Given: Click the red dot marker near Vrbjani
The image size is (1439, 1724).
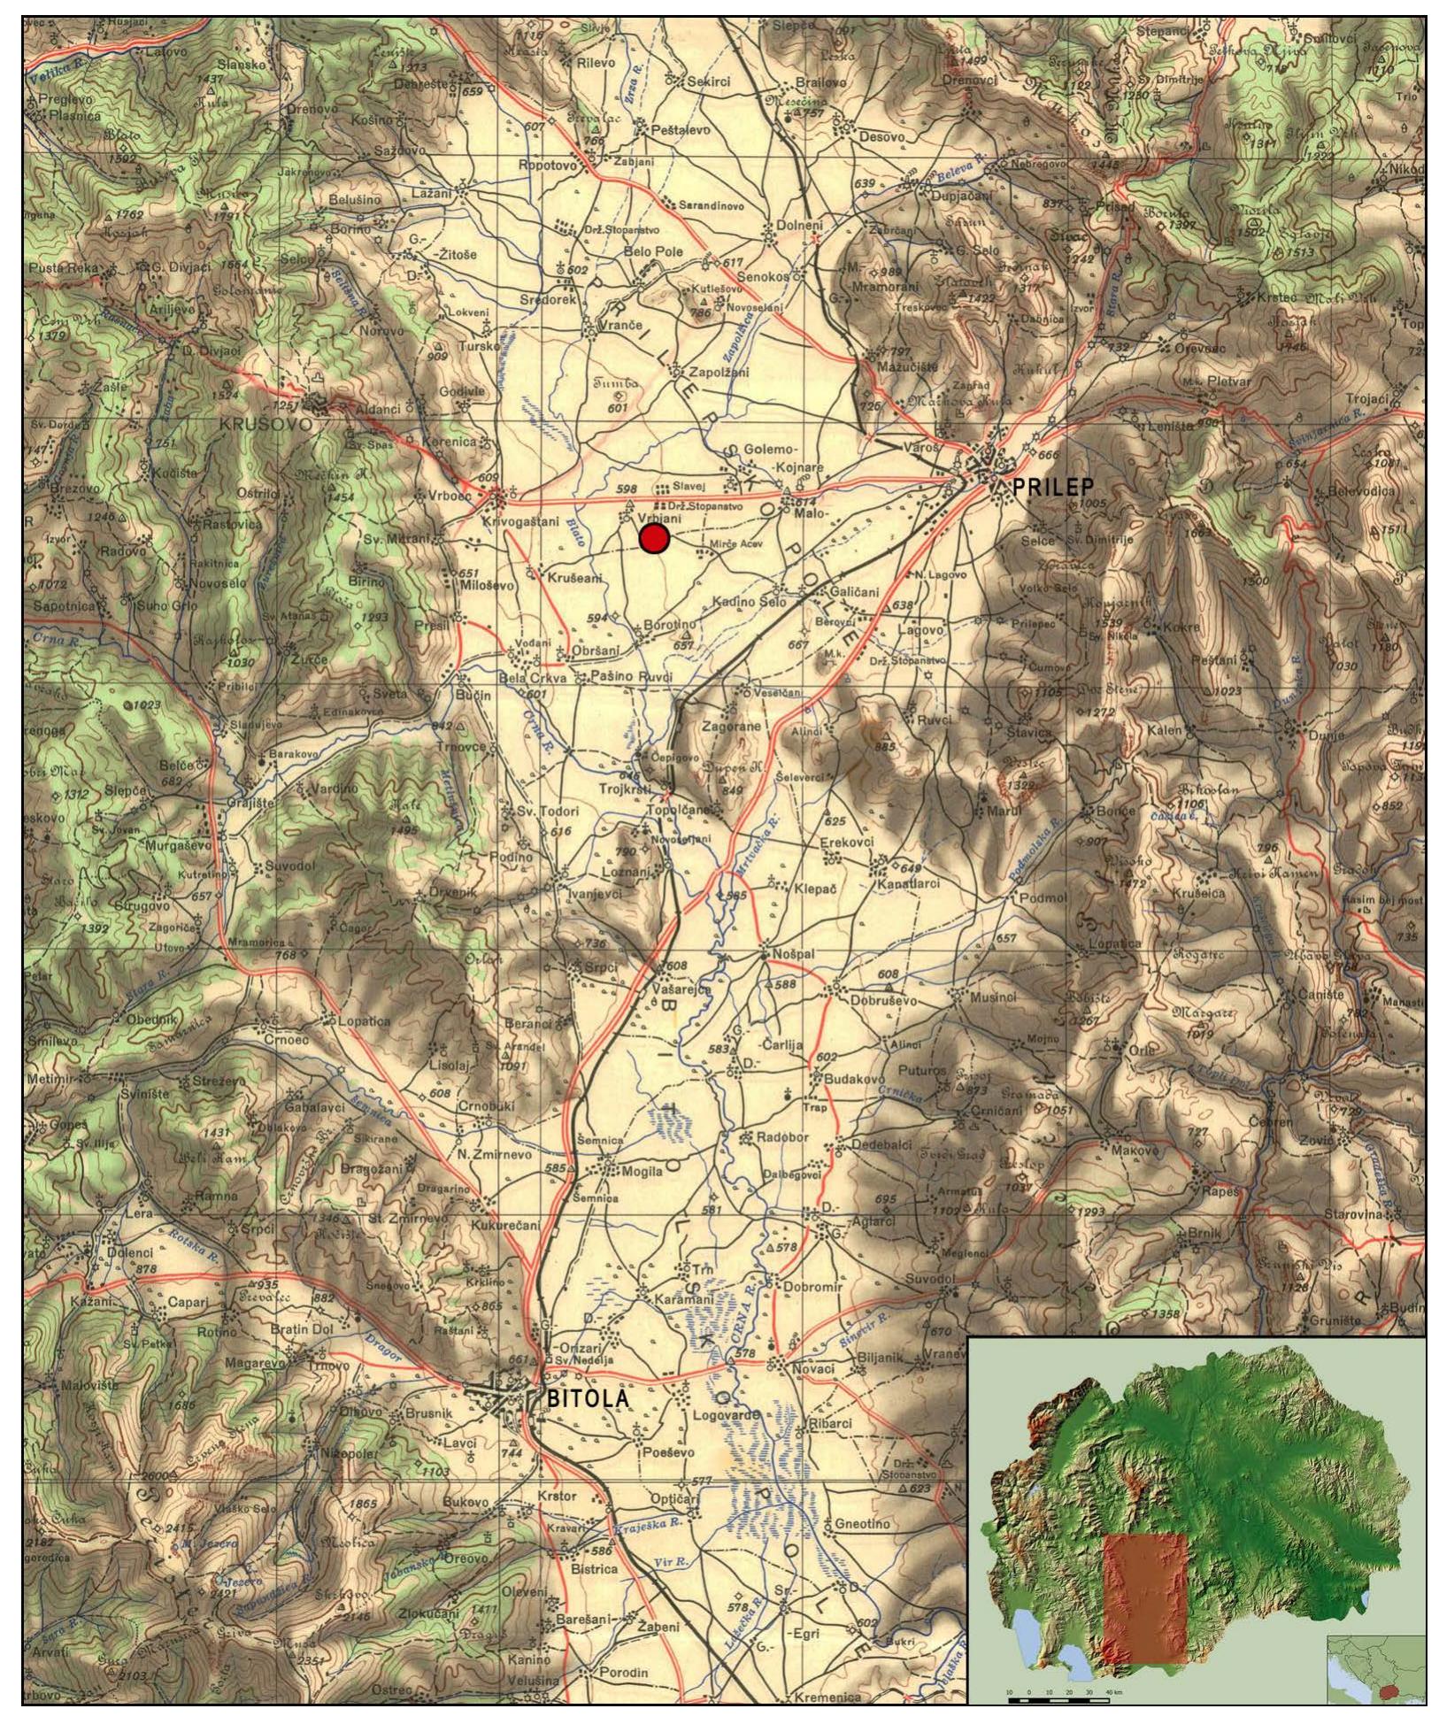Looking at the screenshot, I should point(653,538).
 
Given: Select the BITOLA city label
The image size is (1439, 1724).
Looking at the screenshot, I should point(589,1399).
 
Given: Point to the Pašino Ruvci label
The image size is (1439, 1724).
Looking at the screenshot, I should point(631,677).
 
